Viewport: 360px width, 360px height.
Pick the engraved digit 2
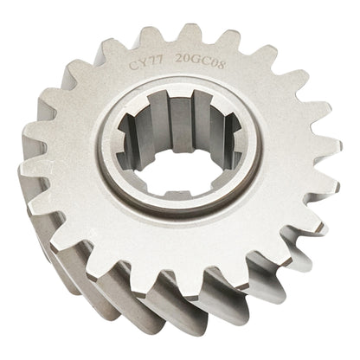[177, 61]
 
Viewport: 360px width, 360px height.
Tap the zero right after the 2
[184, 61]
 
